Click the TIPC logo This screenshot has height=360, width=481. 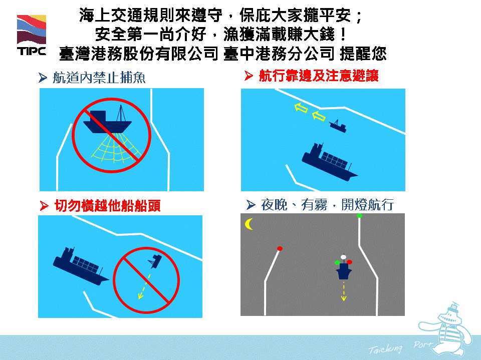tap(32, 35)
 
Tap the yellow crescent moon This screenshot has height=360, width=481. tap(249, 224)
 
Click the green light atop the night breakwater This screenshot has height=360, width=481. tap(359, 216)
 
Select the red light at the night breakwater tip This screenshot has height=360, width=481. tap(280, 248)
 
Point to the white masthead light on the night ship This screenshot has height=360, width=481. tap(343, 257)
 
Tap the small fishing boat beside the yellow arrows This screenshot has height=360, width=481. tap(338, 126)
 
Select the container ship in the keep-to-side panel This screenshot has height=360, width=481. tap(329, 162)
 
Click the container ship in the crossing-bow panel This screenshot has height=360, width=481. tap(80, 266)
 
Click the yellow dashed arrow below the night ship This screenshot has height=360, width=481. tap(344, 291)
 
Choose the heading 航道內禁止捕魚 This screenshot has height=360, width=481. tap(99, 78)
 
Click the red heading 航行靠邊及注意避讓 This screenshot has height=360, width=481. tap(319, 76)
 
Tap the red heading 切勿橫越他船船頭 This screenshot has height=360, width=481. tap(108, 205)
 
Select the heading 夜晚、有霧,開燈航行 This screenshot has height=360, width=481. tap(327, 204)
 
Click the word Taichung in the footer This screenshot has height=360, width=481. tap(385, 348)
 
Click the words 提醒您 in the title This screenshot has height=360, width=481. tap(363, 54)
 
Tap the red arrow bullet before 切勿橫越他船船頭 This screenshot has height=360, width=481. tap(44, 206)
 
